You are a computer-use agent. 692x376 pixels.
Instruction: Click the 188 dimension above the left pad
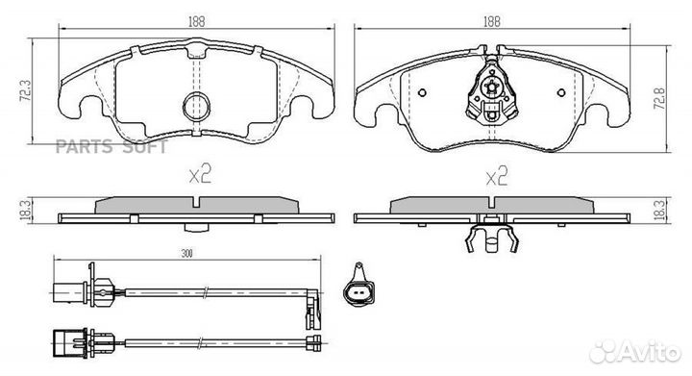[197, 21]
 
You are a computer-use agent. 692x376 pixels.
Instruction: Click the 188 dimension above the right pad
[492, 21]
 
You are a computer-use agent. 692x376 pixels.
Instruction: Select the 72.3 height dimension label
[26, 91]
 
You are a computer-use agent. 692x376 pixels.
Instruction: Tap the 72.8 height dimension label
[660, 98]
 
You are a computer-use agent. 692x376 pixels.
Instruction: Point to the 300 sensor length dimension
[187, 254]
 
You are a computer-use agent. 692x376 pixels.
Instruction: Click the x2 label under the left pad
[200, 174]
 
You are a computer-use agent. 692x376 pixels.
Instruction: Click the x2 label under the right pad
[497, 176]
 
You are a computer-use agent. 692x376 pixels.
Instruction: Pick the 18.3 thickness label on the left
[26, 210]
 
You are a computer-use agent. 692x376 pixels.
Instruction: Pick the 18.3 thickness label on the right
[660, 209]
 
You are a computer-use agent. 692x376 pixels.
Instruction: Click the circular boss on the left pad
[196, 107]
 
